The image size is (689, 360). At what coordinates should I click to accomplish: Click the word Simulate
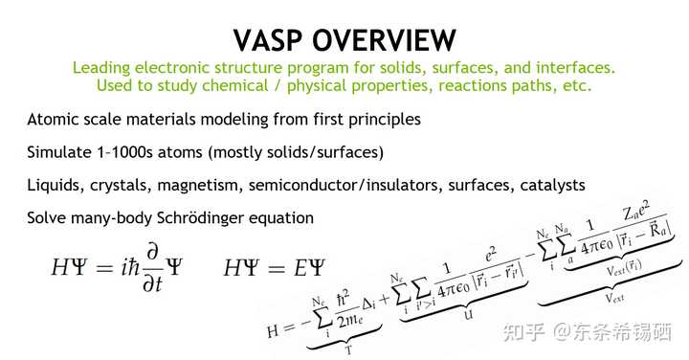(x=59, y=152)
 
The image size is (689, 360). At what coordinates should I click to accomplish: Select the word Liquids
(x=56, y=185)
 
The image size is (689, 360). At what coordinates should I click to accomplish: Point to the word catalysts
(x=546, y=185)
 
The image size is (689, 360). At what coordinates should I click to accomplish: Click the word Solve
(x=47, y=217)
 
